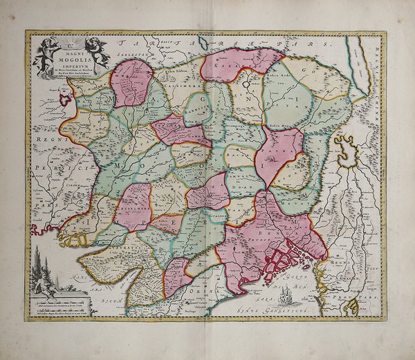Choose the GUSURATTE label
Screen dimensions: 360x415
point(138,247)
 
